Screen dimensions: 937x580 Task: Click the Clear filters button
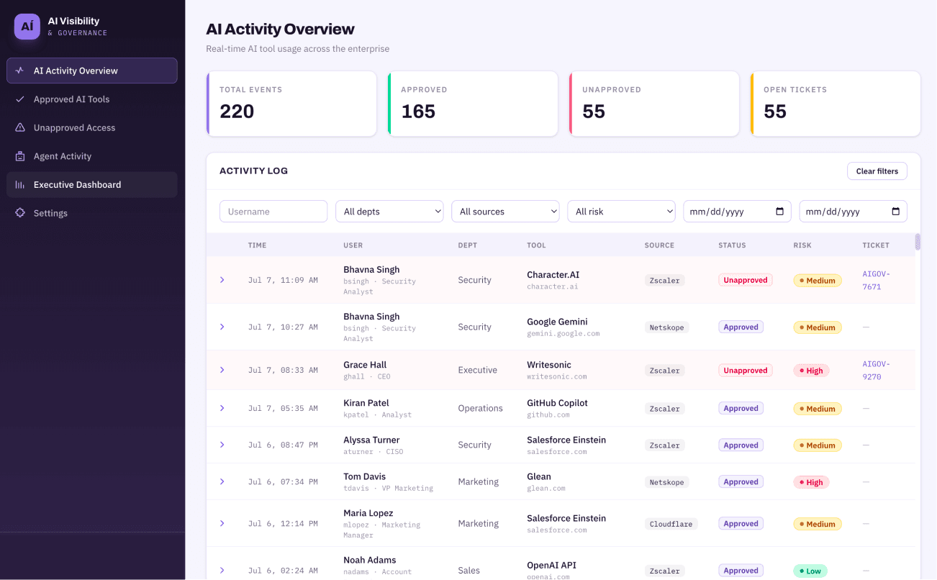tap(877, 171)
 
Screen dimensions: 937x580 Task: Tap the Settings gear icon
tap(20, 213)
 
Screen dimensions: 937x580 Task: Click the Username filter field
tap(273, 211)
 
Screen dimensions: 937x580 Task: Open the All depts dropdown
tap(389, 211)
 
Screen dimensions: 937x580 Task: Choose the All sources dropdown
tap(505, 211)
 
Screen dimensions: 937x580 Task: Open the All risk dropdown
tap(621, 211)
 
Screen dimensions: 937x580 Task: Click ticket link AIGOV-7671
tap(876, 280)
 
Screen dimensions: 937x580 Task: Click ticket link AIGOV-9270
tap(876, 370)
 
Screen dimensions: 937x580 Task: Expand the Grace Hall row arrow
tap(222, 370)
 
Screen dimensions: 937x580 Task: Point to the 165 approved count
tap(418, 112)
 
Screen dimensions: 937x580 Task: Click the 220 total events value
tap(237, 112)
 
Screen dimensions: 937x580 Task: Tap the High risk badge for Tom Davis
tap(811, 482)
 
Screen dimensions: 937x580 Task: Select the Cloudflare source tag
tap(671, 524)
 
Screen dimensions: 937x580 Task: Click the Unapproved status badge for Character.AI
tap(745, 280)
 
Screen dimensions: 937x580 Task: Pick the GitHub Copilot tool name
tap(557, 403)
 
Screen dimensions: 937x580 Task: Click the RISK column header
tap(802, 245)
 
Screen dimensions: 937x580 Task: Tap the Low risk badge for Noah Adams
tap(810, 571)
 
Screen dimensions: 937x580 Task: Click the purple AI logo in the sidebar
tap(27, 27)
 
